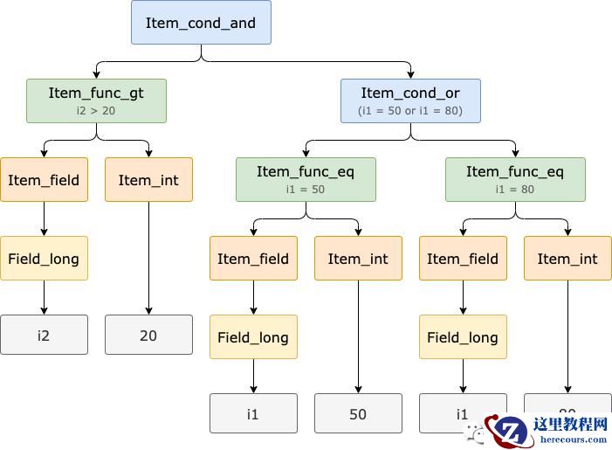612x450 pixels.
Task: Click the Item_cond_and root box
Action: pos(201,23)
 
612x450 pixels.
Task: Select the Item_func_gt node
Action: pos(96,100)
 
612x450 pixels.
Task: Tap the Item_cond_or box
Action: pos(410,100)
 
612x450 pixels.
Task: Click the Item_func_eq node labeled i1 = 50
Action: pos(306,179)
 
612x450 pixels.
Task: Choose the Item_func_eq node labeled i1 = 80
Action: pos(515,179)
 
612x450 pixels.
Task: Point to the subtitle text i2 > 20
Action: pos(96,111)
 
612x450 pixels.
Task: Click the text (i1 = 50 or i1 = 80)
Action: pos(410,111)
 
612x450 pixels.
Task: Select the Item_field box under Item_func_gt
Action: pos(44,180)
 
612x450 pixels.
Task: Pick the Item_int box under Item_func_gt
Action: pos(148,180)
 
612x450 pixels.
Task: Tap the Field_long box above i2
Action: pos(44,259)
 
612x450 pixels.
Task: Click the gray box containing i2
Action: pos(44,335)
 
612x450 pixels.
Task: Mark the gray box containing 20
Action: pos(148,335)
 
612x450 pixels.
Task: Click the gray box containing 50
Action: pos(358,413)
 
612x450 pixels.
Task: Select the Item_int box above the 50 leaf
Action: pos(358,259)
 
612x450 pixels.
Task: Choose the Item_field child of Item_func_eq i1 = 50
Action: pos(253,259)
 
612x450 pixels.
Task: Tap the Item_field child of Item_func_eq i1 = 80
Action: pos(463,259)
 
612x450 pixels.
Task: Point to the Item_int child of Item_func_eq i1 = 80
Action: pos(567,259)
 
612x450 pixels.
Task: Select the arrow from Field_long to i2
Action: pos(44,297)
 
